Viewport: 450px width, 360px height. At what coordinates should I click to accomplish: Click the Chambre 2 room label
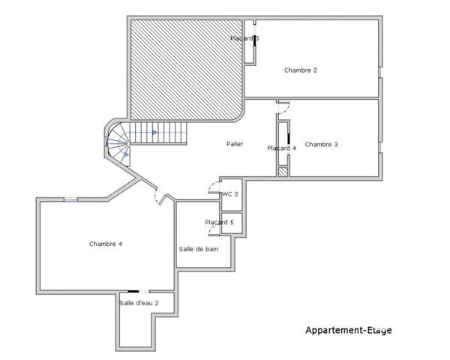(x=301, y=70)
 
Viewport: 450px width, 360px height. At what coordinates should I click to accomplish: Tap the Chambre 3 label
(x=322, y=144)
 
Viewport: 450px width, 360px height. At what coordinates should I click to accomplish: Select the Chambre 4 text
(x=106, y=243)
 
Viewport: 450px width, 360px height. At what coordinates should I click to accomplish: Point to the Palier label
(x=235, y=144)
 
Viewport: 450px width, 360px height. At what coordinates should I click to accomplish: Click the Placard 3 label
(x=244, y=38)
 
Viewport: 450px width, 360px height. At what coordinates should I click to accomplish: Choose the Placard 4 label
(x=282, y=148)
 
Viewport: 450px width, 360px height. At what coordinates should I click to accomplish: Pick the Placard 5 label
(x=220, y=223)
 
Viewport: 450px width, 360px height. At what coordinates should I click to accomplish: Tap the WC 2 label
(x=230, y=194)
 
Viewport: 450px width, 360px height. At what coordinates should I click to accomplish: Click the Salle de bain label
(x=199, y=249)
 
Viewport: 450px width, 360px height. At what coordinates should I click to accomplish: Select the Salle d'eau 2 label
(x=139, y=303)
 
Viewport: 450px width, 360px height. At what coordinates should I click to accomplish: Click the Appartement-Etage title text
(x=348, y=330)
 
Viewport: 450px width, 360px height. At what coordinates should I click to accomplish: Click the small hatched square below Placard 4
(x=283, y=172)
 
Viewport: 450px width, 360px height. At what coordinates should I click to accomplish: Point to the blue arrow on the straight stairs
(x=154, y=133)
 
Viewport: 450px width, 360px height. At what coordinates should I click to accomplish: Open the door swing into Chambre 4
(x=159, y=196)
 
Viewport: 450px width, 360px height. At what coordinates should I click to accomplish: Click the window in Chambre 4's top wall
(x=70, y=199)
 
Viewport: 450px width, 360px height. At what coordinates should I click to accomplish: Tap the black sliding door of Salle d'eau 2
(x=133, y=291)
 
